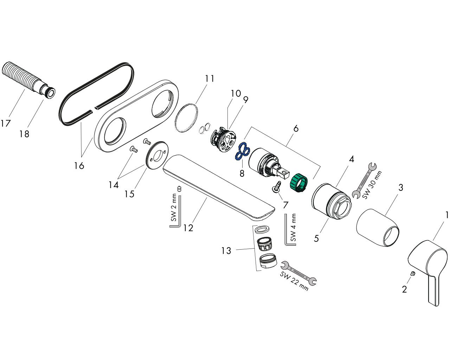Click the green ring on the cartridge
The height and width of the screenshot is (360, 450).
pos(298,183)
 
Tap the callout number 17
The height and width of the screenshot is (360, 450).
pos(5,123)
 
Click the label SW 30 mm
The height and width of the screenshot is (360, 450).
pos(372,185)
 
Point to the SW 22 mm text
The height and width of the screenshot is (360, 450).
pos(294,281)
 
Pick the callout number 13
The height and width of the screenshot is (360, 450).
pos(226,250)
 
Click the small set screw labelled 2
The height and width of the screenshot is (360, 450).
pos(413,273)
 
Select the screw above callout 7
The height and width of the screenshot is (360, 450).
pos(276,186)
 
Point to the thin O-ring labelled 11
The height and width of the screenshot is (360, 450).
pos(186,117)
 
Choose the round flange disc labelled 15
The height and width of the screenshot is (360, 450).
pos(156,154)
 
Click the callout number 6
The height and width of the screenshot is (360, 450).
pos(296,128)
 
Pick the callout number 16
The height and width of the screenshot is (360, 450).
pos(79,166)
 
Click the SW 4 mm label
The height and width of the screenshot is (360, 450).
pos(293,227)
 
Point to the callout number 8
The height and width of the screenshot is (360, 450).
pos(242,173)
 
